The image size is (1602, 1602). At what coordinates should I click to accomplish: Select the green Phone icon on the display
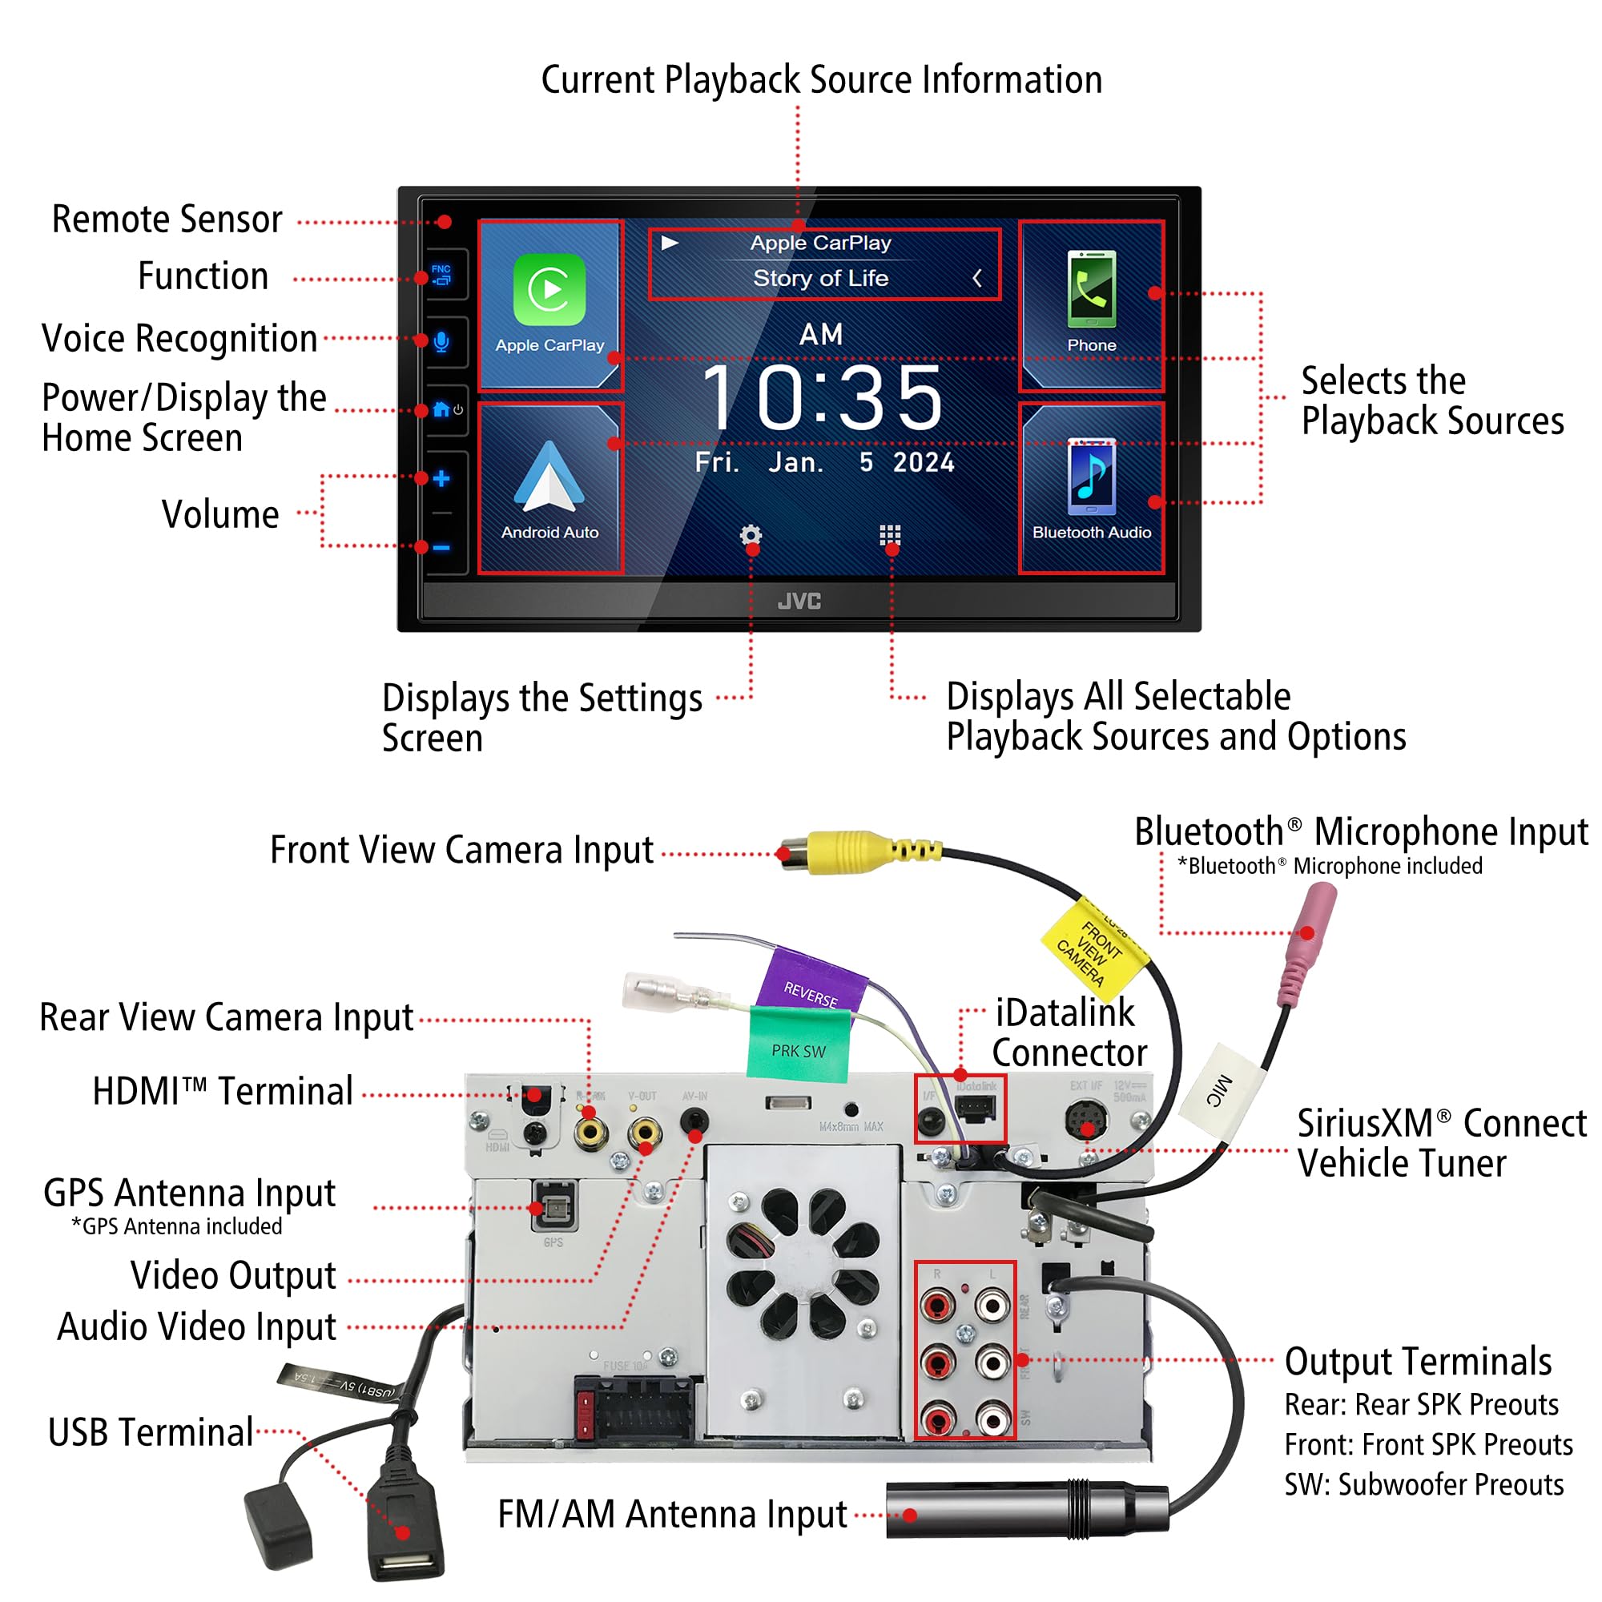coord(1091,290)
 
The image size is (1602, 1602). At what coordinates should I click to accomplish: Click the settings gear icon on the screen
coord(751,536)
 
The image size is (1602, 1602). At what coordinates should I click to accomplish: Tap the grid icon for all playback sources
coord(890,535)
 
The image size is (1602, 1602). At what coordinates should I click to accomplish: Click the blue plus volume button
coord(441,478)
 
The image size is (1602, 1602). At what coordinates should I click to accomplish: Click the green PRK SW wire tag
coord(799,1045)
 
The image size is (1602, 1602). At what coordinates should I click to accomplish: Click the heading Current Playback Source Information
coord(822,80)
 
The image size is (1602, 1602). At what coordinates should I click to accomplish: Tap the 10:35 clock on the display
coord(822,399)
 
